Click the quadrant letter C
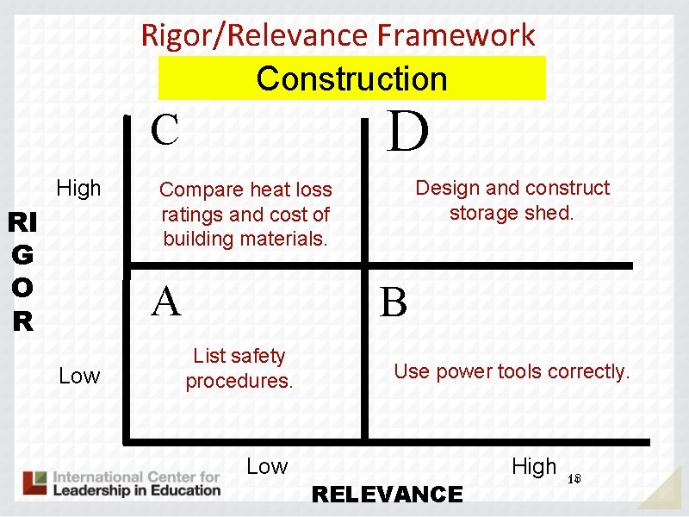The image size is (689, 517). coord(164,130)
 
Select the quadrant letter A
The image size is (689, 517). coord(166,302)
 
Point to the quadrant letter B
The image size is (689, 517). coord(394,303)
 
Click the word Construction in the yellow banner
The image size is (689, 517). coord(351,78)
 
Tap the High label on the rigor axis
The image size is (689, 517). coord(78,188)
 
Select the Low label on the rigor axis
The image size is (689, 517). coord(79,376)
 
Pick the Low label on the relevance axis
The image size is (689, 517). coord(267,466)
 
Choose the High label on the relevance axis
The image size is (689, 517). coord(534,466)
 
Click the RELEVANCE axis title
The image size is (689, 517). coord(387,495)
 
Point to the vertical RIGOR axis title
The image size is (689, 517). coord(22,272)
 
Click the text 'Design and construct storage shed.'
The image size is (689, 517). coord(512,200)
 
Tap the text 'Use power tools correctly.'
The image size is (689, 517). coord(512,371)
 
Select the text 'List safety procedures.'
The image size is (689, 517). coord(239,368)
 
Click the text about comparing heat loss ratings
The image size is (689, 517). coord(245,213)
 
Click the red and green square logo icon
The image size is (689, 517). coord(35,483)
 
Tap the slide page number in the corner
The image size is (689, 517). coord(575,479)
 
